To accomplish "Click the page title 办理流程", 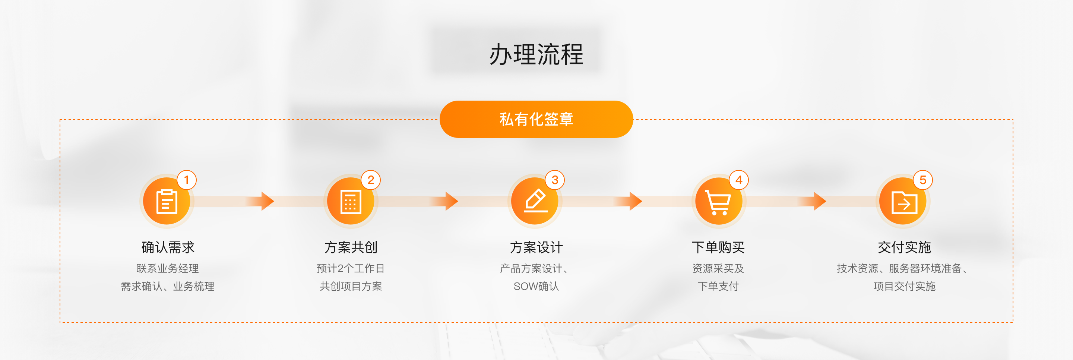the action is point(536,54).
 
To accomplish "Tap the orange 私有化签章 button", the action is point(536,119).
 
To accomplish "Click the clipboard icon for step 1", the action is point(167,202).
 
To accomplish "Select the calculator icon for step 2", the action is point(351,202).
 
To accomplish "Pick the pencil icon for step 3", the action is point(535,201).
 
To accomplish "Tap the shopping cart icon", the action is point(718,202).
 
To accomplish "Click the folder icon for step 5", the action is point(903,202).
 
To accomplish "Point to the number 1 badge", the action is point(186,180).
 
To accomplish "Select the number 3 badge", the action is point(555,180).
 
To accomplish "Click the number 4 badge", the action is point(739,180).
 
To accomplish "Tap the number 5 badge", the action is point(922,180).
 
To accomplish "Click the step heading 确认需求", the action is point(168,247).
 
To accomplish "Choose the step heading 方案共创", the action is point(351,247).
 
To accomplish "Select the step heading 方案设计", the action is point(536,247).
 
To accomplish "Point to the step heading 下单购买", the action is point(718,247).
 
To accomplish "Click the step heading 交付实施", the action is point(904,247).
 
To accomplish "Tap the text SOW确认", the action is point(536,286).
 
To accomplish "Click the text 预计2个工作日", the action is point(351,268).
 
